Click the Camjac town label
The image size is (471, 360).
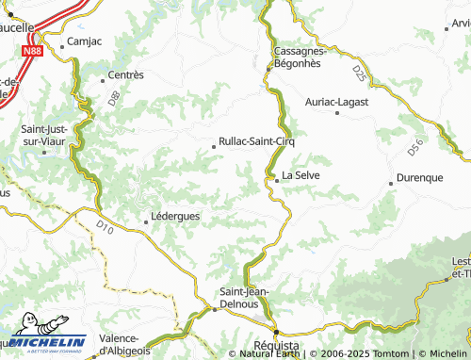82,42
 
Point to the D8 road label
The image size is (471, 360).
113,96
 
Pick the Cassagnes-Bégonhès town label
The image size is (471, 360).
297,57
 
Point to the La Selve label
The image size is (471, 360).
301,174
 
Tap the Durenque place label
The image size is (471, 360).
419,178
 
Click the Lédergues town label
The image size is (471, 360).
176,217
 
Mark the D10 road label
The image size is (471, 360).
105,226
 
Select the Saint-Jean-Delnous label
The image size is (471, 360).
244,298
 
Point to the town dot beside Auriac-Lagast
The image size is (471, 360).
337,113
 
